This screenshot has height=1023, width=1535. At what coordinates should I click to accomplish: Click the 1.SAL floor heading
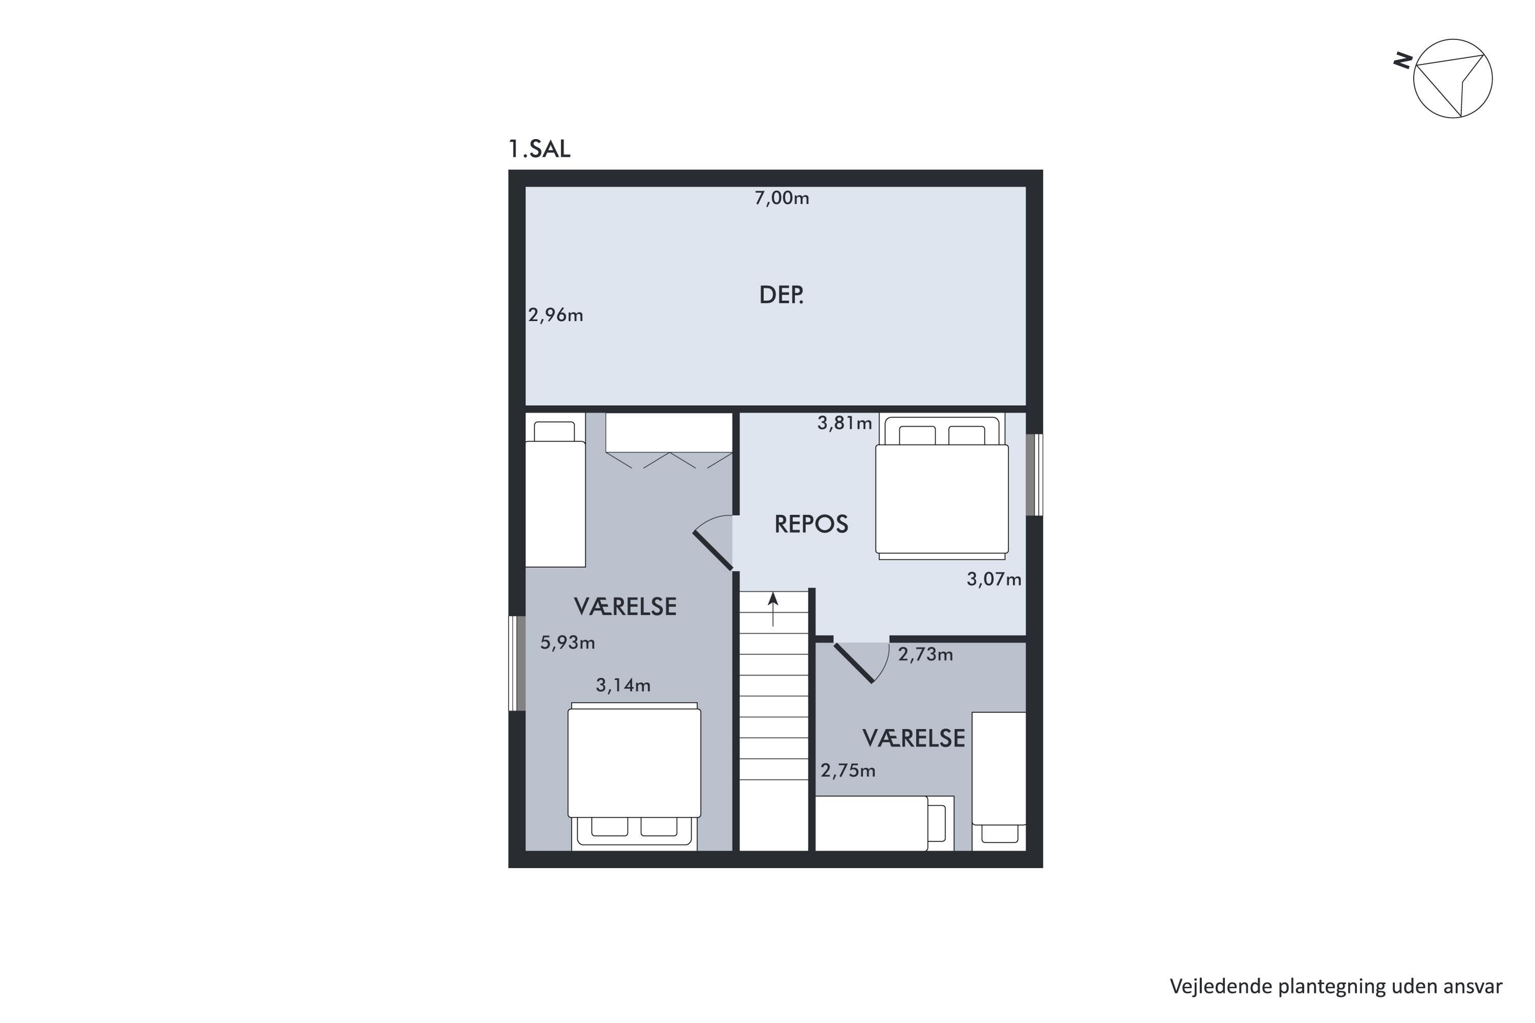(x=539, y=149)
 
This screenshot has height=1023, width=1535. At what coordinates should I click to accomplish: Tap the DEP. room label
(x=781, y=295)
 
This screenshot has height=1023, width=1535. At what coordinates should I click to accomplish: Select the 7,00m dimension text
(x=782, y=197)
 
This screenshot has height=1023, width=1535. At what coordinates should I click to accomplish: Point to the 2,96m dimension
(x=555, y=315)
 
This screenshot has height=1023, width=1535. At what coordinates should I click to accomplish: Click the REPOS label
(x=811, y=524)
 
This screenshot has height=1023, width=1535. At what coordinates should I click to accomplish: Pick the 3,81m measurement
(x=845, y=424)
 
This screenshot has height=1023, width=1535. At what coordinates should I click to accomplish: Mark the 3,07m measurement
(x=994, y=580)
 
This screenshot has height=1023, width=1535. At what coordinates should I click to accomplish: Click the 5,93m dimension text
(x=567, y=642)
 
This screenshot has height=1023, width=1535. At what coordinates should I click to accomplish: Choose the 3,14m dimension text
(x=623, y=685)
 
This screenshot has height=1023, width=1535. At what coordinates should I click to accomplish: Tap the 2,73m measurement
(x=926, y=654)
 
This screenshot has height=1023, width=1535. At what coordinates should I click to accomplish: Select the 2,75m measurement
(x=848, y=770)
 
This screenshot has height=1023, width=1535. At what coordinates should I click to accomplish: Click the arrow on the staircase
(x=773, y=609)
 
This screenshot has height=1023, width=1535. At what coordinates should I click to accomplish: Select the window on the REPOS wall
(x=1035, y=475)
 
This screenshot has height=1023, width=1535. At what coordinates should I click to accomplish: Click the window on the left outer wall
(x=517, y=663)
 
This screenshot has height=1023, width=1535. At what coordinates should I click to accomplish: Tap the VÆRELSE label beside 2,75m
(x=914, y=739)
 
